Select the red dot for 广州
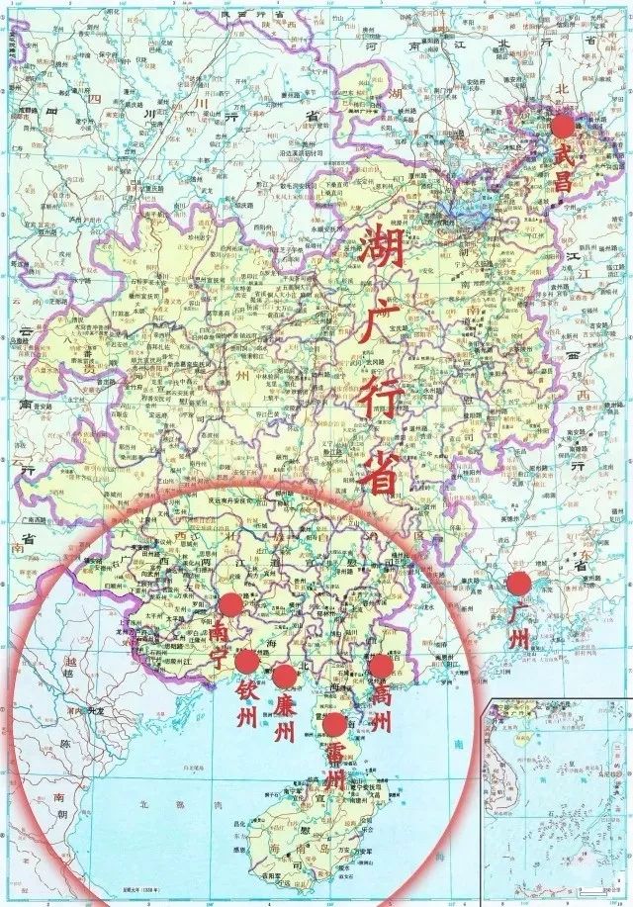coord(517,583)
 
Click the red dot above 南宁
coord(230,604)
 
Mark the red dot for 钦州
coord(247,661)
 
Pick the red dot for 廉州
coord(285,676)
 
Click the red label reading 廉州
coord(285,718)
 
